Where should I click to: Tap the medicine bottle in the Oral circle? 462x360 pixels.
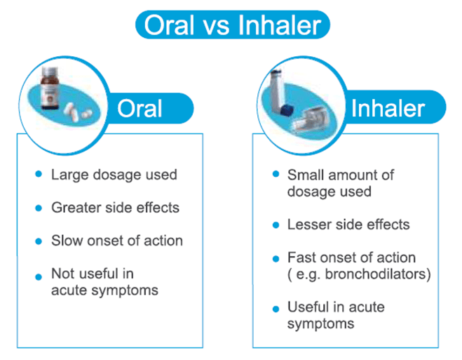pyautogui.click(x=49, y=88)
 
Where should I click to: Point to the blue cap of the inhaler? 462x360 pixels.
pyautogui.click(x=287, y=109)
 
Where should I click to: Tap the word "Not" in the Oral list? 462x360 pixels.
pyautogui.click(x=62, y=274)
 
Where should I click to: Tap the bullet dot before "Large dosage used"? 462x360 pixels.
pyautogui.click(x=39, y=174)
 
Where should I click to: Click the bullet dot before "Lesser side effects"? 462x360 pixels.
pyautogui.click(x=276, y=225)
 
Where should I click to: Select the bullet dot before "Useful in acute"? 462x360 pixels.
pyautogui.click(x=276, y=309)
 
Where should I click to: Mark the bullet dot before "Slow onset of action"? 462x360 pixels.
pyautogui.click(x=39, y=241)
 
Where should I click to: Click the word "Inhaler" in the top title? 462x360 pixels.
pyautogui.click(x=279, y=25)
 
